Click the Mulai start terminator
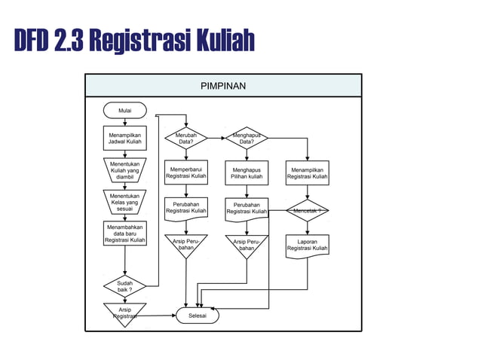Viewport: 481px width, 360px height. click(x=124, y=111)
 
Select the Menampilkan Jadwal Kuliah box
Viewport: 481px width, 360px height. click(x=124, y=138)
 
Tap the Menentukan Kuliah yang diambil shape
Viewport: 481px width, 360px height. click(x=124, y=170)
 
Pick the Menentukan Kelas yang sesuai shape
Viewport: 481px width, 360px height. click(x=124, y=202)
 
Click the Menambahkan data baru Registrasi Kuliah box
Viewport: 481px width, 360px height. click(x=124, y=233)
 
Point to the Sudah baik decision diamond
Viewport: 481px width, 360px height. click(x=124, y=286)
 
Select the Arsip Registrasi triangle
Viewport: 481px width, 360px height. click(x=124, y=313)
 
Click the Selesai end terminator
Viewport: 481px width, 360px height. click(x=198, y=316)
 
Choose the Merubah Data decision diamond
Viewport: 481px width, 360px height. click(x=186, y=138)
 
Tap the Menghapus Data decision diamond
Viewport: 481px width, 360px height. click(x=247, y=138)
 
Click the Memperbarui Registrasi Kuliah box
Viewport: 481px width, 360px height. click(x=186, y=172)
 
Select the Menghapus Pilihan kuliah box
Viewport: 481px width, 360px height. click(x=247, y=172)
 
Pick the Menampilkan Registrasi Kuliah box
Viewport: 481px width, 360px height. click(x=308, y=172)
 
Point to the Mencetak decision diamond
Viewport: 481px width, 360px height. click(x=308, y=210)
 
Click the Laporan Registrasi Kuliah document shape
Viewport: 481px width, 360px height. click(x=308, y=246)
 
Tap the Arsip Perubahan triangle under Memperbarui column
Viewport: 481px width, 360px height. click(x=186, y=245)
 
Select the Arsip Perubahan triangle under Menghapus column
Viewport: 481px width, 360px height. click(x=247, y=245)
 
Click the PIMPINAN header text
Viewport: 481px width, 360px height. click(x=223, y=86)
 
